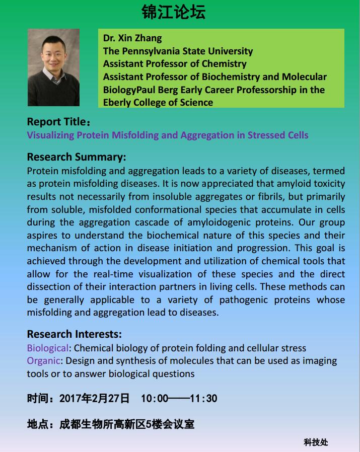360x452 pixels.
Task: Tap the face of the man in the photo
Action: pyautogui.click(x=54, y=54)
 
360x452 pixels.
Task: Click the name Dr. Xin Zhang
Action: pyautogui.click(x=132, y=38)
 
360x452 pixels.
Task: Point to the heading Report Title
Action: pyautogui.click(x=57, y=122)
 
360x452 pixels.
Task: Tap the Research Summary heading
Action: pyautogui.click(x=77, y=157)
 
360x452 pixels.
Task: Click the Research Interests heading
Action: pyautogui.click(x=75, y=334)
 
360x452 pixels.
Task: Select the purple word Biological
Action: pyautogui.click(x=47, y=348)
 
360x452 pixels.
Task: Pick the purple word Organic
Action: pyautogui.click(x=43, y=361)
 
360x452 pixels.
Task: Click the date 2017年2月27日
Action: pyautogui.click(x=95, y=399)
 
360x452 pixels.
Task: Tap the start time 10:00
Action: pyautogui.click(x=155, y=399)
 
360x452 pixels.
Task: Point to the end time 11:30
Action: pyautogui.click(x=203, y=399)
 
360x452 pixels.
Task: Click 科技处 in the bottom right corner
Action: pyautogui.click(x=316, y=442)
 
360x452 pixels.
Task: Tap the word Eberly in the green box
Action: pyautogui.click(x=118, y=102)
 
